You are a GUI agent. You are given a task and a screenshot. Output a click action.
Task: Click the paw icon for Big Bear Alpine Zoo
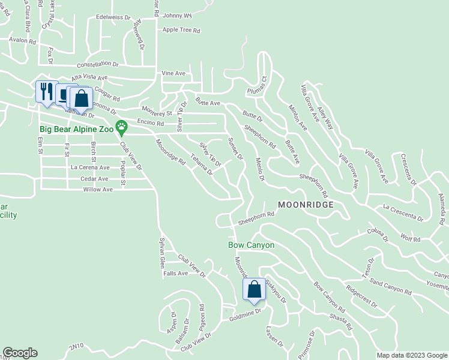click(x=122, y=126)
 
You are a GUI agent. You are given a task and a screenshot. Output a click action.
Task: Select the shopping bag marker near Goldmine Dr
click(x=253, y=289)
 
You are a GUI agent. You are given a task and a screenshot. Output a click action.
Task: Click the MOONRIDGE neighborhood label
click(x=304, y=205)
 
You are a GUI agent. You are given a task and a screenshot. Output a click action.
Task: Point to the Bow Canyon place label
click(x=251, y=245)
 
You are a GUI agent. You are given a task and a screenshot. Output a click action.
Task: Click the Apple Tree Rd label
click(x=181, y=29)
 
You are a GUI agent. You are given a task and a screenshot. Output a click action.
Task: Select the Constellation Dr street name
click(x=98, y=64)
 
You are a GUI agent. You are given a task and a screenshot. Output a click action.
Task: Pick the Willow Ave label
click(x=98, y=189)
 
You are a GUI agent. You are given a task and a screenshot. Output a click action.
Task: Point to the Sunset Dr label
click(x=234, y=149)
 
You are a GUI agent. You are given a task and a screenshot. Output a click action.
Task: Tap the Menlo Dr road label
click(x=259, y=166)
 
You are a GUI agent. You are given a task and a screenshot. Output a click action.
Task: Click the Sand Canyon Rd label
click(x=390, y=287)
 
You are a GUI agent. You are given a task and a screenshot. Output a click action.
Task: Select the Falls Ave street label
click(x=176, y=273)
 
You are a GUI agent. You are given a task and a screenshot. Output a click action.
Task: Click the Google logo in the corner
click(x=20, y=353)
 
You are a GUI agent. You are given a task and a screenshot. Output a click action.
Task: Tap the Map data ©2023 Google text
click(x=411, y=355)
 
